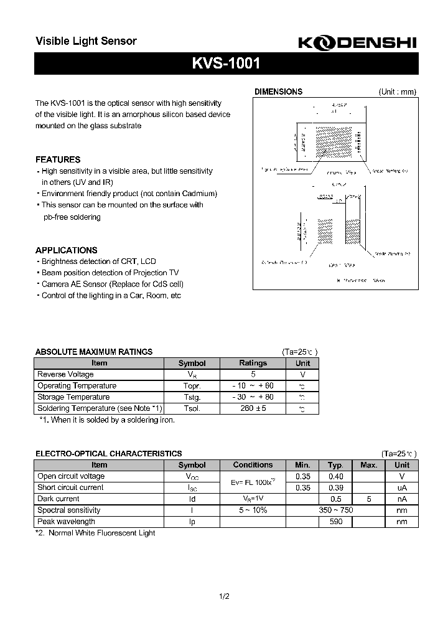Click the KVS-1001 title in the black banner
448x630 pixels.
(x=225, y=63)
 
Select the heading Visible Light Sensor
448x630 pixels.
(x=86, y=41)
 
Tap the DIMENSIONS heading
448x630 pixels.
(x=278, y=92)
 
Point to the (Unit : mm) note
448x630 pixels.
(x=397, y=92)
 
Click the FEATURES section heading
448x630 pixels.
(x=58, y=159)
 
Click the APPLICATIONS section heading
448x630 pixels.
(x=66, y=250)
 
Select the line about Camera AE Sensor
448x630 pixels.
(x=112, y=284)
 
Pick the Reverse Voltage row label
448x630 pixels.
(x=66, y=374)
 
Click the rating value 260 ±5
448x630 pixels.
(x=253, y=408)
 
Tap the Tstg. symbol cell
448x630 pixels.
(x=191, y=397)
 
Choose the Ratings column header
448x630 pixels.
(x=253, y=363)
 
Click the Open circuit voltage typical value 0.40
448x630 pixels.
(x=335, y=476)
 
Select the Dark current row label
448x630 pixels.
(x=58, y=499)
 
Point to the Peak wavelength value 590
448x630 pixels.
(x=335, y=522)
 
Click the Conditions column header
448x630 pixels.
(x=253, y=465)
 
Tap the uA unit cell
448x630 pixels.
(x=402, y=487)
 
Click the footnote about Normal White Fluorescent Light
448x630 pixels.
(x=95, y=533)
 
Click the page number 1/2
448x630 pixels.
(x=225, y=596)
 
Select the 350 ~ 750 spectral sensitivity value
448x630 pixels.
(x=335, y=510)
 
